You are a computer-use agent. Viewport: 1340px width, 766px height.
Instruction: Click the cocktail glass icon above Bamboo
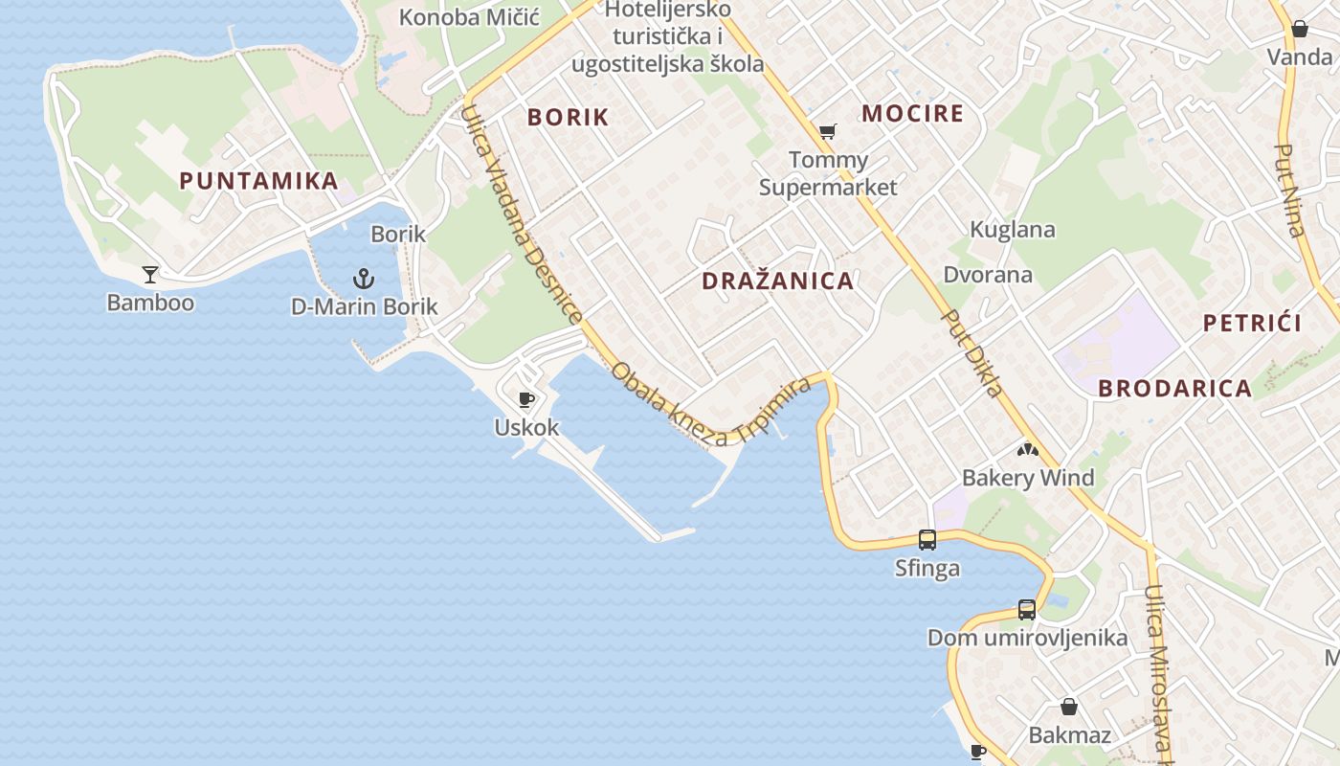(150, 275)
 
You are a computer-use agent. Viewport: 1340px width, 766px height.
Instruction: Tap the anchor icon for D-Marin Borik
(364, 279)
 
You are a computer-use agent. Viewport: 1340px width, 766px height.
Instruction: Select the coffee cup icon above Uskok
(525, 399)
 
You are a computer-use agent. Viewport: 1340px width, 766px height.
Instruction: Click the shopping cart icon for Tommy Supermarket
(828, 131)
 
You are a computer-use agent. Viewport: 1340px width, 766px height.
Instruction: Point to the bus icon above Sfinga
(927, 539)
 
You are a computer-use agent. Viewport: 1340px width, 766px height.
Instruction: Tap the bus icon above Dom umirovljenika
(1027, 609)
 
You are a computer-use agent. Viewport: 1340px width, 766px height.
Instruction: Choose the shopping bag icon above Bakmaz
(1069, 707)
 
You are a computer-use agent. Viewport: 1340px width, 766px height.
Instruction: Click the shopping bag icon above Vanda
(1300, 29)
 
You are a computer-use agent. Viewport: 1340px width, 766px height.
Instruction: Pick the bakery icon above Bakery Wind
(1028, 449)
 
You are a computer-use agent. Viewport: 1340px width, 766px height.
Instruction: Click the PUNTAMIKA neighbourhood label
(258, 181)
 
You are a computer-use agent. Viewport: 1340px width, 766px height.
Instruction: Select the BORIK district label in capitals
(569, 118)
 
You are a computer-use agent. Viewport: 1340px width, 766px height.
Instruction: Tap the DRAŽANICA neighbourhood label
(777, 282)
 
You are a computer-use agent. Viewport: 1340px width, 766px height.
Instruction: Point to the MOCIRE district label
(912, 114)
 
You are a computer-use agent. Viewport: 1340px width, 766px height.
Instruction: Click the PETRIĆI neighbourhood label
(1252, 324)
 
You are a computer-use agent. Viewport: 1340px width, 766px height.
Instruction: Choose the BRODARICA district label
(1174, 389)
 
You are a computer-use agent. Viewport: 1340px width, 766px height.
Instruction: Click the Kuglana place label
(1013, 230)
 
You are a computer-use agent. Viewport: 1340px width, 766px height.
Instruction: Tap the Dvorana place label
(988, 276)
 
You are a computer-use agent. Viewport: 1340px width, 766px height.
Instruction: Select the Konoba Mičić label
(469, 17)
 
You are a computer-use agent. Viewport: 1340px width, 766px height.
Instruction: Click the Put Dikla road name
(972, 352)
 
